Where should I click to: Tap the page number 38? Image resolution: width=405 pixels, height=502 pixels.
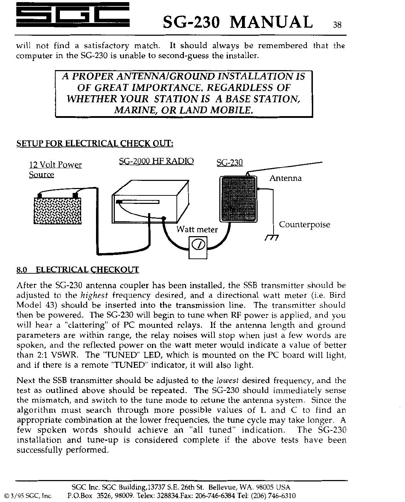click(337, 25)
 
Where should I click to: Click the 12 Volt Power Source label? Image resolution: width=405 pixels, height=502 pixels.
click(55, 170)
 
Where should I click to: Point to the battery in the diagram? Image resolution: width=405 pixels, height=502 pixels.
click(57, 210)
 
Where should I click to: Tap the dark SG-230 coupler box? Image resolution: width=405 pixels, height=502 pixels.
click(238, 199)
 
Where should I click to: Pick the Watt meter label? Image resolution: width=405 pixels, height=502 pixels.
click(197, 229)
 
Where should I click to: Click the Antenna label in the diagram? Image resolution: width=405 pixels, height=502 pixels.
click(285, 178)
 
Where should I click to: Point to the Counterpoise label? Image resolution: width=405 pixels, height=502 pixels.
click(304, 224)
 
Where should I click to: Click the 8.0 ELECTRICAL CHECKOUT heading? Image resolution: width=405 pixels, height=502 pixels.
click(78, 270)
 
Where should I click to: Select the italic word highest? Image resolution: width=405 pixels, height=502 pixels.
click(93, 295)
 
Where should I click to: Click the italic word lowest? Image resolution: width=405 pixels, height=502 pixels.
click(227, 381)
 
